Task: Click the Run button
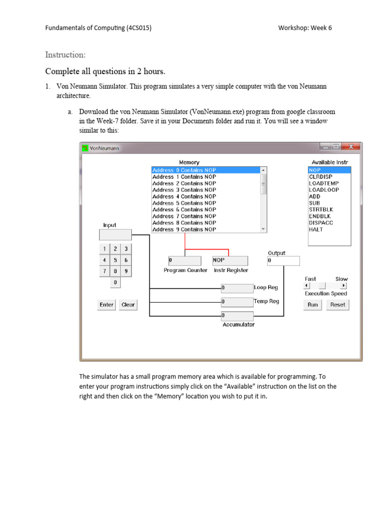313,305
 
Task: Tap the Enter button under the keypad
106,305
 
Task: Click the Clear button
128,305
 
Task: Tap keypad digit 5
115,260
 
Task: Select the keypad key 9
126,271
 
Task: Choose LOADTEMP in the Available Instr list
323,183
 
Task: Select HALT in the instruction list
316,229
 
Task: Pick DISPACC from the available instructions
321,223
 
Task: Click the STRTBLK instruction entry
321,209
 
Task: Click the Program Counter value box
184,261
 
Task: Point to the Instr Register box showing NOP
230,261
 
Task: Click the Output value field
283,261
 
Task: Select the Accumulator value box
237,316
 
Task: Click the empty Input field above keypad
115,235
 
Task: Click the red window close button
351,147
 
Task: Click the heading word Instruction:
66,54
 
